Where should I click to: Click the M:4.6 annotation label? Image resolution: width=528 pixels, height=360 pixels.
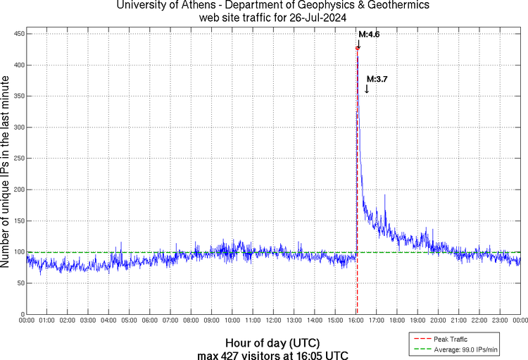[369, 34]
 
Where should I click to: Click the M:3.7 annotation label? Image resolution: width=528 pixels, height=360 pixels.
[377, 79]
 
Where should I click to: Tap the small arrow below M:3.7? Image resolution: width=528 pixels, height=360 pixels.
[367, 89]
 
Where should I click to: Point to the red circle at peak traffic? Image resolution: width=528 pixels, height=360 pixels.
[358, 48]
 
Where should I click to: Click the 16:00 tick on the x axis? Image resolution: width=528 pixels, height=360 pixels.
[357, 321]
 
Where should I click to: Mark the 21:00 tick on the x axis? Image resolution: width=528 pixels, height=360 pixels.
[460, 321]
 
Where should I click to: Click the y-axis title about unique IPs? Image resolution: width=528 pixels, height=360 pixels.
[6, 173]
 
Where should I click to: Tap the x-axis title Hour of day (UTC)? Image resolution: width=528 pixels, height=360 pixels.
[273, 343]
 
